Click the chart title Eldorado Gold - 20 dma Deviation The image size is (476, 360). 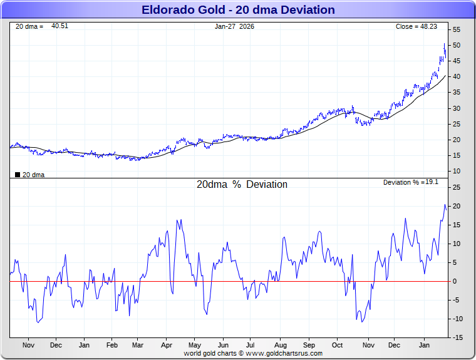click(238, 9)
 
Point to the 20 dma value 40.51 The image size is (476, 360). click(59, 26)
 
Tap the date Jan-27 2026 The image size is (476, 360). click(234, 26)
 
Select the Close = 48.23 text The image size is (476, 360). click(416, 26)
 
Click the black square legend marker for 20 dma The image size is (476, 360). click(17, 175)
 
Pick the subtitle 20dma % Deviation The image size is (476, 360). click(242, 185)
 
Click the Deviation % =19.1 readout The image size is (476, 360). click(410, 182)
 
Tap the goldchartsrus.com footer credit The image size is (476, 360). click(253, 353)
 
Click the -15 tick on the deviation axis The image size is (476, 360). click(457, 337)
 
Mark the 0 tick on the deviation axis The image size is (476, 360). click(455, 281)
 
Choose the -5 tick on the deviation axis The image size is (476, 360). click(457, 300)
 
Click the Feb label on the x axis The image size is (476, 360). click(112, 345)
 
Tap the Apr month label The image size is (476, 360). click(167, 345)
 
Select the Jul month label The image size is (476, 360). click(250, 345)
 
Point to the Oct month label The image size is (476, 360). click(338, 345)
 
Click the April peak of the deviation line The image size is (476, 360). click(178, 220)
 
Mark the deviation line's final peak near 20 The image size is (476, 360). click(445, 205)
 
